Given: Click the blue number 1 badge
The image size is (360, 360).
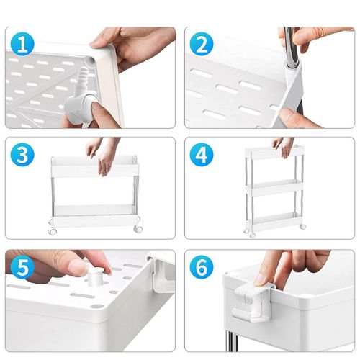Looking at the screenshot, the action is coord(22,45).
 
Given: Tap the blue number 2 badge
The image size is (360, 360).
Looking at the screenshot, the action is coord(202,45).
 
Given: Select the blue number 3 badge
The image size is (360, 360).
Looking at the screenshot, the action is coord(22,155).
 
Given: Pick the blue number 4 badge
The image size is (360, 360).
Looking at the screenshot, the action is coord(202,155).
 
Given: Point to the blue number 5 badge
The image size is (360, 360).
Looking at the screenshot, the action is coord(22,266).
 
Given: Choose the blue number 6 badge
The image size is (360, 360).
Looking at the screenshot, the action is coord(202,266).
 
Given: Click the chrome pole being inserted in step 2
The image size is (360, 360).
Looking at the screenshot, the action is coord(291,45).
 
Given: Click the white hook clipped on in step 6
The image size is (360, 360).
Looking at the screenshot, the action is coord(253,300).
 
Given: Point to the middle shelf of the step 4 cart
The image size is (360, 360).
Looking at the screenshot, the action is coord(275,188).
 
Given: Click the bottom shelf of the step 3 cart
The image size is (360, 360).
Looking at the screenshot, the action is coord(94,215).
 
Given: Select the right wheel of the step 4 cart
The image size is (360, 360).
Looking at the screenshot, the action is coord(303,226).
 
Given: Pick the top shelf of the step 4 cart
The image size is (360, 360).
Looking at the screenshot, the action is coord(274,153).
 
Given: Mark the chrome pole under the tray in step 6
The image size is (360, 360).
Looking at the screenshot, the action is coord(231,340).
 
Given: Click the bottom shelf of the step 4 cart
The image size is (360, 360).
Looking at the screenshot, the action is coord(275,220).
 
